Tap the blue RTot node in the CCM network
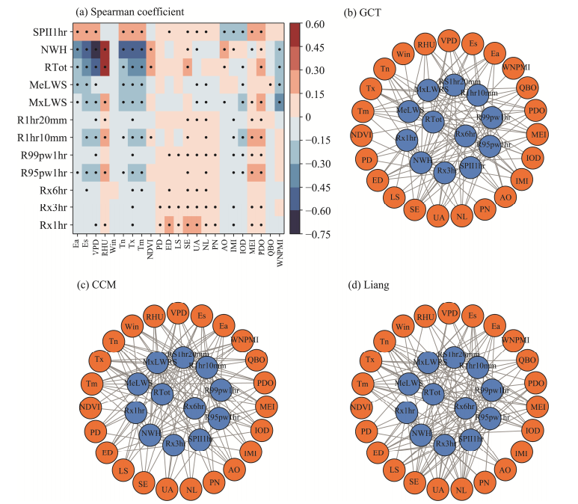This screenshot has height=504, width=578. [162, 391]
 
